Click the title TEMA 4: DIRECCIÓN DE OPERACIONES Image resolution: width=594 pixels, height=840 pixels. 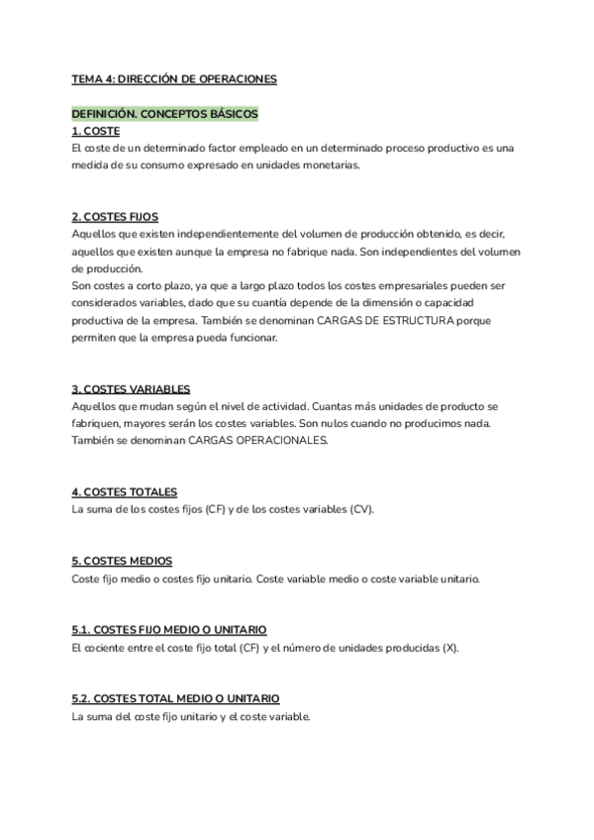[174, 78]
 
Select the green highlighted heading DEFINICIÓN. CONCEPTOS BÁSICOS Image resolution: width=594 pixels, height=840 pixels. [164, 114]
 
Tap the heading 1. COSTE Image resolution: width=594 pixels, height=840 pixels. [96, 131]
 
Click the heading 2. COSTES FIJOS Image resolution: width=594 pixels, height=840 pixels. [115, 217]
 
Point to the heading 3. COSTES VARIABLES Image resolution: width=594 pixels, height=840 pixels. [131, 389]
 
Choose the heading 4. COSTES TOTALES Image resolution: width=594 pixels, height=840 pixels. [125, 492]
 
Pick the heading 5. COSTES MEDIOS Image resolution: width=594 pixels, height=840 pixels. [122, 561]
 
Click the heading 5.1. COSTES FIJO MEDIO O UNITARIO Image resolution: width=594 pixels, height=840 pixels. [168, 630]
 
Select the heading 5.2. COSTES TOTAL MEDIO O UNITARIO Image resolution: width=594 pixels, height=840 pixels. [175, 698]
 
